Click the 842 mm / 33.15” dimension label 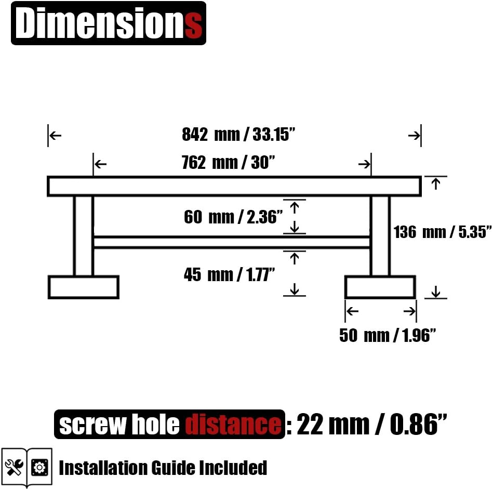238,134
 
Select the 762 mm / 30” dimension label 228,163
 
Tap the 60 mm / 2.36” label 233,217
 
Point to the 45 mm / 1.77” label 229,274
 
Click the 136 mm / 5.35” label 443,232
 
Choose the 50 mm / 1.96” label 388,335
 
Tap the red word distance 233,424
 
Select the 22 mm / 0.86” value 371,424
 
